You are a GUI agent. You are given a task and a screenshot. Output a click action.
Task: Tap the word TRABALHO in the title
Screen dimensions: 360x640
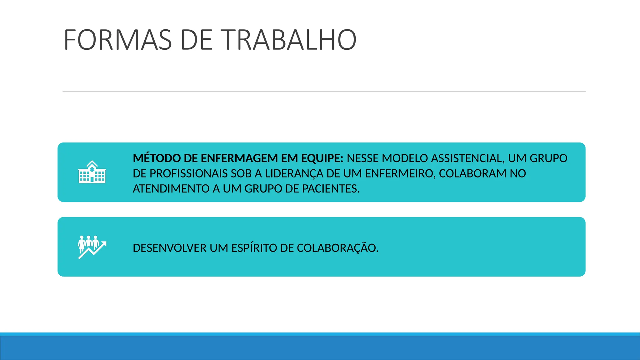point(290,40)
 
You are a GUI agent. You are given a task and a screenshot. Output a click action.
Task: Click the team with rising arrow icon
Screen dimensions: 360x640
point(92,247)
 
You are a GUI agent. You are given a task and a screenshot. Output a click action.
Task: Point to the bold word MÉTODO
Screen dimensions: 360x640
point(157,158)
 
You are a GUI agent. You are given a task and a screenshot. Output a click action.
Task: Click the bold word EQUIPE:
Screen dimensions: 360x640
point(322,158)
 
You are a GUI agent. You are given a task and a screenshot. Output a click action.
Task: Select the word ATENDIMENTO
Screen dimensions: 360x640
point(171,189)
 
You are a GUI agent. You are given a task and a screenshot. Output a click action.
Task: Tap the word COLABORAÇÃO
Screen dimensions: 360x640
point(337,248)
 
